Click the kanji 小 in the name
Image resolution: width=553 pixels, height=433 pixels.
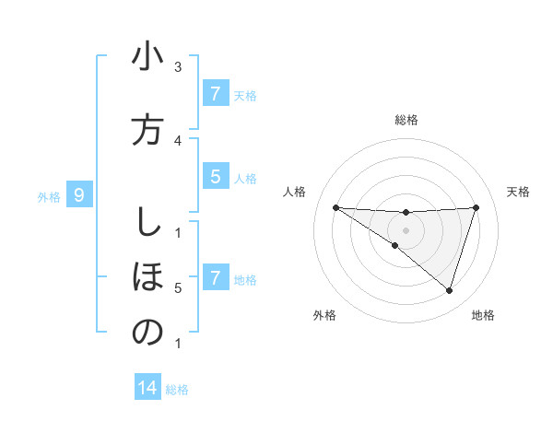click(147, 58)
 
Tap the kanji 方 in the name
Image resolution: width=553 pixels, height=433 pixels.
click(147, 129)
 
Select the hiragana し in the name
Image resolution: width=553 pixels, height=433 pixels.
click(147, 222)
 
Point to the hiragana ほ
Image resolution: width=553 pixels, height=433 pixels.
click(147, 275)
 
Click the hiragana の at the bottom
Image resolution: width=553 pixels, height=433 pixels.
click(147, 332)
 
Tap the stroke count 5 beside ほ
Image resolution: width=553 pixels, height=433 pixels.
click(178, 288)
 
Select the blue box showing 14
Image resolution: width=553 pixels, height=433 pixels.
click(147, 388)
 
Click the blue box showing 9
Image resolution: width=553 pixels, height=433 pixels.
click(80, 194)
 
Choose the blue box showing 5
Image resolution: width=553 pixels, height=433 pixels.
click(215, 177)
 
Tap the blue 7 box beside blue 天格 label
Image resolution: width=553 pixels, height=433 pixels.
click(215, 93)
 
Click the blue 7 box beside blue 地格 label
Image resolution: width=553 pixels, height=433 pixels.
click(215, 277)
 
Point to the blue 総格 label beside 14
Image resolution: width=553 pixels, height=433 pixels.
click(177, 390)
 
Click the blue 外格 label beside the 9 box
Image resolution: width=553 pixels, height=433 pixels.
click(49, 196)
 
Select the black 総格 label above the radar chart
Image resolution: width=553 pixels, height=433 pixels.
click(406, 120)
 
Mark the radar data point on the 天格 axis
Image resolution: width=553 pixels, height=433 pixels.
click(477, 208)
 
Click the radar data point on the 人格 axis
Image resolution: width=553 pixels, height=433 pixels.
click(335, 208)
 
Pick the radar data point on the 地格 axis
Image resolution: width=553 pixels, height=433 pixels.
click(449, 291)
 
